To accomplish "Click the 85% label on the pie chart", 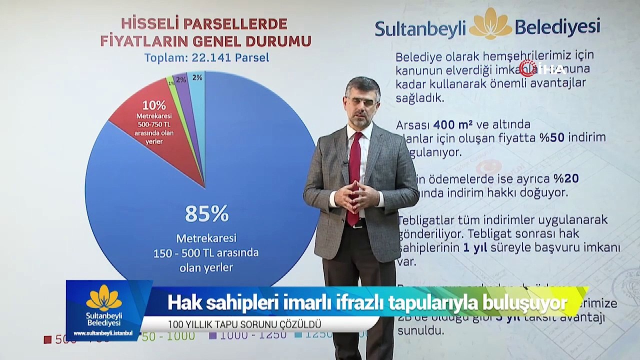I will tap(206, 213).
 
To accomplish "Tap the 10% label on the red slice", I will tap(154, 105).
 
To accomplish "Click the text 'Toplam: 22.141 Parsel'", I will tap(206, 58).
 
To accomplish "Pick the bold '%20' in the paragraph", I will tap(566, 178).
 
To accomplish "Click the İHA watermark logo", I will tap(542, 68).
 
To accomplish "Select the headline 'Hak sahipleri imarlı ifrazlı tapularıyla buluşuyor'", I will tap(367, 302).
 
